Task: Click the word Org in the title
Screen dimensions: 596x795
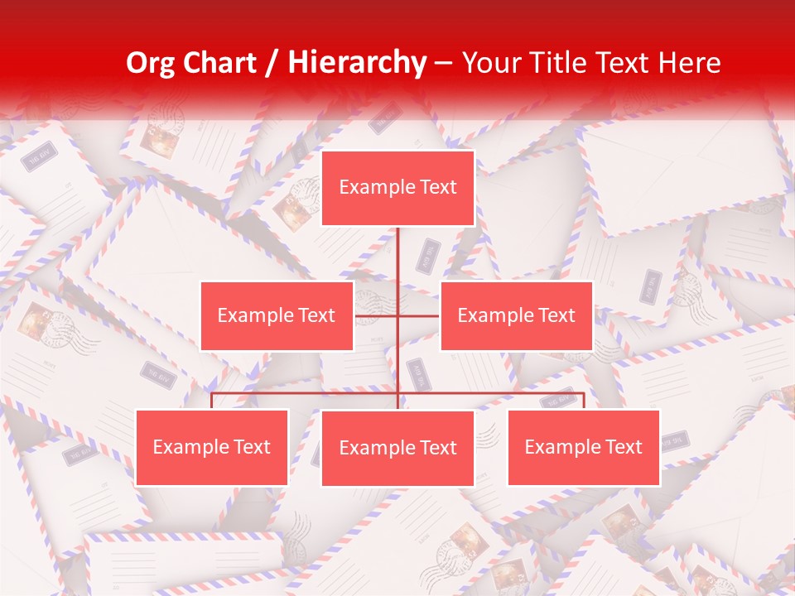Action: [150, 64]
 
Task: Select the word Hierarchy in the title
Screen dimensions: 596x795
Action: [356, 64]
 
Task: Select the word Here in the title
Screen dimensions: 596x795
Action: [689, 64]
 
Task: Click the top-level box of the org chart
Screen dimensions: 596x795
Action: [398, 188]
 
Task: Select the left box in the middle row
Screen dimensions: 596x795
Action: [277, 315]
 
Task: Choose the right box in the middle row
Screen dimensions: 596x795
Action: [517, 315]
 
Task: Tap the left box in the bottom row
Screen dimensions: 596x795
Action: [212, 447]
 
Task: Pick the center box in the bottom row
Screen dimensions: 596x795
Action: [398, 448]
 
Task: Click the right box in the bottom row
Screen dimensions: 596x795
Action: [584, 447]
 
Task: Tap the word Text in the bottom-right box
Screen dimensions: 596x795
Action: [624, 447]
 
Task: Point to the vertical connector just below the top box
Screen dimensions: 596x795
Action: [398, 252]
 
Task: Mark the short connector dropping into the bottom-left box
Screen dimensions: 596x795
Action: [212, 401]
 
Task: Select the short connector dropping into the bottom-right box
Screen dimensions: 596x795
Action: [584, 401]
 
